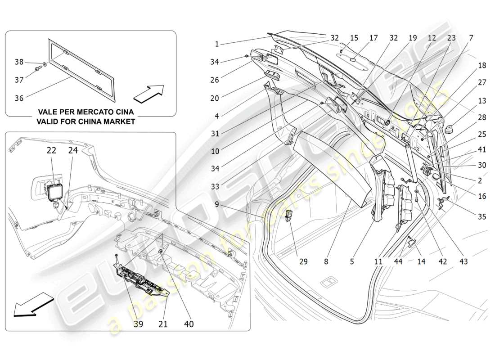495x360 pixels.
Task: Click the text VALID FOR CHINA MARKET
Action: coord(86,121)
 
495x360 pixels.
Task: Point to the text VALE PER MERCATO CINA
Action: coord(86,112)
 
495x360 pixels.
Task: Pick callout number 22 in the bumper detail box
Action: coord(51,150)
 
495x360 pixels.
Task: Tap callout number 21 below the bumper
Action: coord(163,324)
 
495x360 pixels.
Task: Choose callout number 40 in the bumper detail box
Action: coord(189,324)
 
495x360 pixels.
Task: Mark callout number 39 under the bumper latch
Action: coord(138,324)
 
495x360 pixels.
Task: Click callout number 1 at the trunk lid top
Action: coord(217,44)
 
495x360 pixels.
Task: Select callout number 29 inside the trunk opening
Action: coord(303,261)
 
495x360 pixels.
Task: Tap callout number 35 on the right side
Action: coord(482,216)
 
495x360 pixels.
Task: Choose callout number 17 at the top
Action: coord(373,38)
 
